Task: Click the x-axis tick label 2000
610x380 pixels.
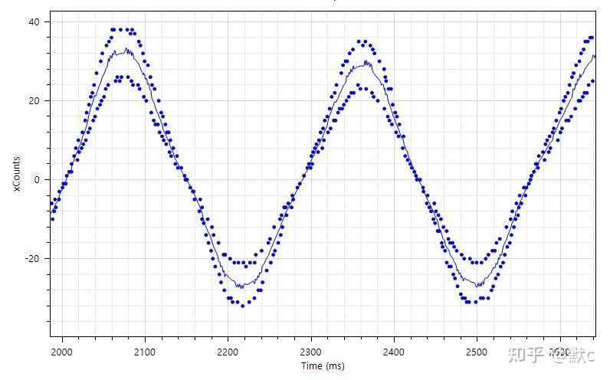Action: [x=61, y=352]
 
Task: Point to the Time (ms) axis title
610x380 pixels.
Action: [x=323, y=366]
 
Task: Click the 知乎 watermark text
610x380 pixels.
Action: [x=530, y=355]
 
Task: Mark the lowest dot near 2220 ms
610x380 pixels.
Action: [x=243, y=306]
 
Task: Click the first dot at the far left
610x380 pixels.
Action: [x=52, y=219]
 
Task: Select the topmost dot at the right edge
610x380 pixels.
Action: [x=592, y=38]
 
